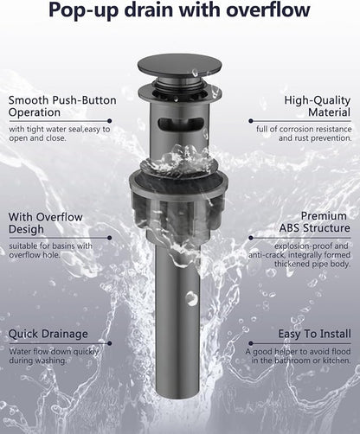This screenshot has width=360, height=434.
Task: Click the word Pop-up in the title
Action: (x=83, y=10)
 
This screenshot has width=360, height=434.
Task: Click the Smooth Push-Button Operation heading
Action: (x=62, y=106)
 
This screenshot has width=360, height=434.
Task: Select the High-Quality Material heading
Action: (x=318, y=106)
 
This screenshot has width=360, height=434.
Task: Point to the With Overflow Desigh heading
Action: (x=46, y=223)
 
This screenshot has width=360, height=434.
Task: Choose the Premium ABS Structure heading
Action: (x=315, y=222)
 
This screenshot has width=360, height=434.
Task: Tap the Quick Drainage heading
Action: (x=48, y=334)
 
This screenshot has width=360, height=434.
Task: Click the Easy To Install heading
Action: (x=315, y=334)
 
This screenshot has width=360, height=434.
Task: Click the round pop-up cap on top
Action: (x=179, y=66)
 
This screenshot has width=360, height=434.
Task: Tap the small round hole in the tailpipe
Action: (x=190, y=297)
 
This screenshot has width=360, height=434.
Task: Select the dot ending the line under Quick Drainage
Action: (x=109, y=343)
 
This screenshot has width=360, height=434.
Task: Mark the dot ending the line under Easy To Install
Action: (x=251, y=343)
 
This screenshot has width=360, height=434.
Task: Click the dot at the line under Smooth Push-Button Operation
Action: (x=109, y=121)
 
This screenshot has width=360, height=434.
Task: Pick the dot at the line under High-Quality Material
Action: (x=251, y=121)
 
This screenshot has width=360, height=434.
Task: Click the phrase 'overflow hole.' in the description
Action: (x=35, y=255)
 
